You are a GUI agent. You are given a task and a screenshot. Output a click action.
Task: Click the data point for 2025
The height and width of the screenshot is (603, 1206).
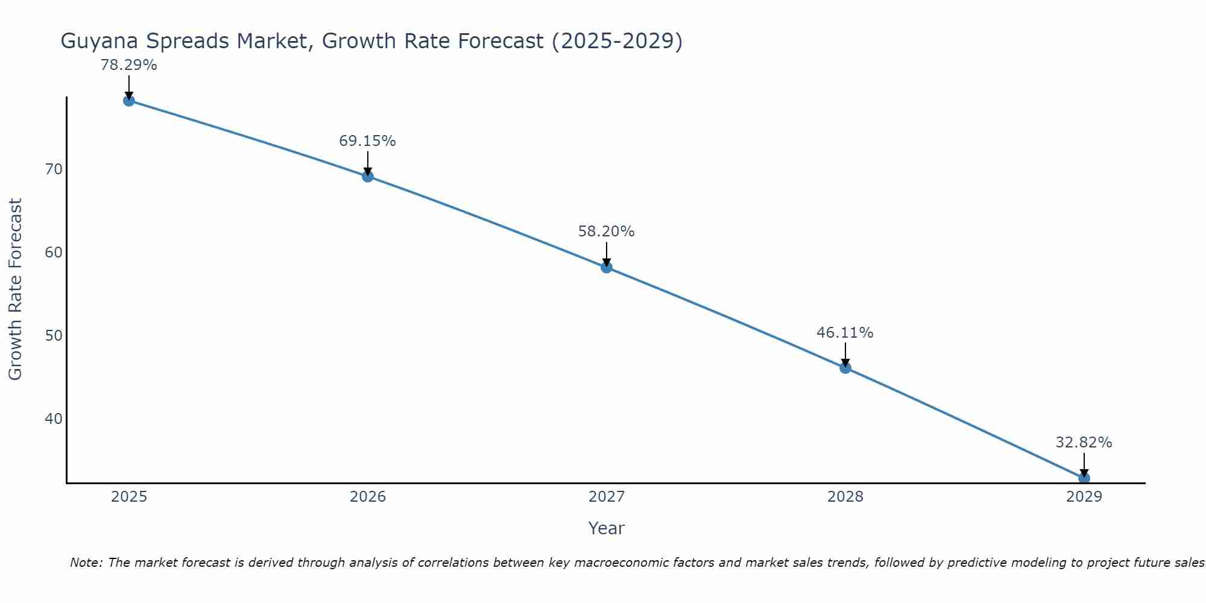[128, 100]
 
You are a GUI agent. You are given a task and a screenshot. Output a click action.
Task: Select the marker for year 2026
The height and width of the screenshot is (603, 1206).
[368, 176]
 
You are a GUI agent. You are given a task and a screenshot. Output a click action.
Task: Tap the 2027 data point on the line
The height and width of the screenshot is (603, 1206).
[607, 267]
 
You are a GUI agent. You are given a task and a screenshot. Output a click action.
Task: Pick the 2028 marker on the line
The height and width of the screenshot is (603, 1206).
[845, 367]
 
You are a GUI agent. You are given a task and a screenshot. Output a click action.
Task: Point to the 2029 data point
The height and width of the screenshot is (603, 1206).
[1084, 478]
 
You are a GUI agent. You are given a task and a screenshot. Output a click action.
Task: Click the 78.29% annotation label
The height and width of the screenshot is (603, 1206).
[128, 65]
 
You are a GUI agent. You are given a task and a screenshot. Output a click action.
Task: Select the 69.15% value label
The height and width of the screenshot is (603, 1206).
[367, 141]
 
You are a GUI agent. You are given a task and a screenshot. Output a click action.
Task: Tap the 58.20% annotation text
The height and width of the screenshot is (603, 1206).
[606, 232]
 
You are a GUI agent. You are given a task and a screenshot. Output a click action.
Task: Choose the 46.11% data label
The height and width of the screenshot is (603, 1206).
[845, 333]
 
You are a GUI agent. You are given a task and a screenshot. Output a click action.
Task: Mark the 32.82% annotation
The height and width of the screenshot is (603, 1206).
[1084, 443]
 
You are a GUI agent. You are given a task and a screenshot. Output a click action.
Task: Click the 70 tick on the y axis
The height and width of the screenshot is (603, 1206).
[54, 169]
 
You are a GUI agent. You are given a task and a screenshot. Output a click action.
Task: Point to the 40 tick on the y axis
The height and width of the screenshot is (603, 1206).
[54, 419]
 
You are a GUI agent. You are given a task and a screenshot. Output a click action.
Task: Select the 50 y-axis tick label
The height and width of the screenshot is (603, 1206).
[54, 336]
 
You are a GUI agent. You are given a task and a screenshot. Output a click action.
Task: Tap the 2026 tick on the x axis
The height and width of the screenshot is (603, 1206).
[368, 497]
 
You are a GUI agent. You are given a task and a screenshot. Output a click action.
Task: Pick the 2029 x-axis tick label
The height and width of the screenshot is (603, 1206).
[1084, 497]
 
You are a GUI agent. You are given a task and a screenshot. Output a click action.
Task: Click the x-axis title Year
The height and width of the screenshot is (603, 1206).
[606, 528]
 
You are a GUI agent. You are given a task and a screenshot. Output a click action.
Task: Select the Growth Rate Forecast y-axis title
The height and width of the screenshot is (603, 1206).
[16, 289]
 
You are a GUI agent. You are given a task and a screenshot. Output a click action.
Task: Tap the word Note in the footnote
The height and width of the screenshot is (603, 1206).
[85, 563]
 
